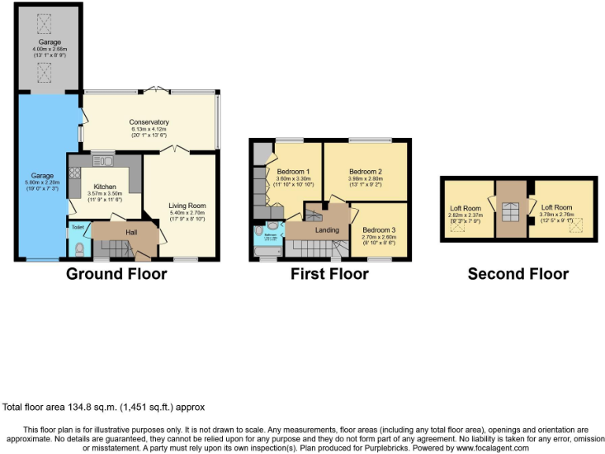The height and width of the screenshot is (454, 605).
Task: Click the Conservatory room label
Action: (x=149, y=122)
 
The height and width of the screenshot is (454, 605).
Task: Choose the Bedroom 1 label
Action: (x=296, y=172)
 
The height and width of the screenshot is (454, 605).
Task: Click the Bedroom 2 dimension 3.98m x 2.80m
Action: (x=365, y=180)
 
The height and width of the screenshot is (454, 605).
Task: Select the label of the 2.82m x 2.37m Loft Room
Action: (x=465, y=209)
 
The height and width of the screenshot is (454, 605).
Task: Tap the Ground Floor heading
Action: (x=116, y=274)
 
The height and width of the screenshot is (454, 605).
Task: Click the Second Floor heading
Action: (x=518, y=274)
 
